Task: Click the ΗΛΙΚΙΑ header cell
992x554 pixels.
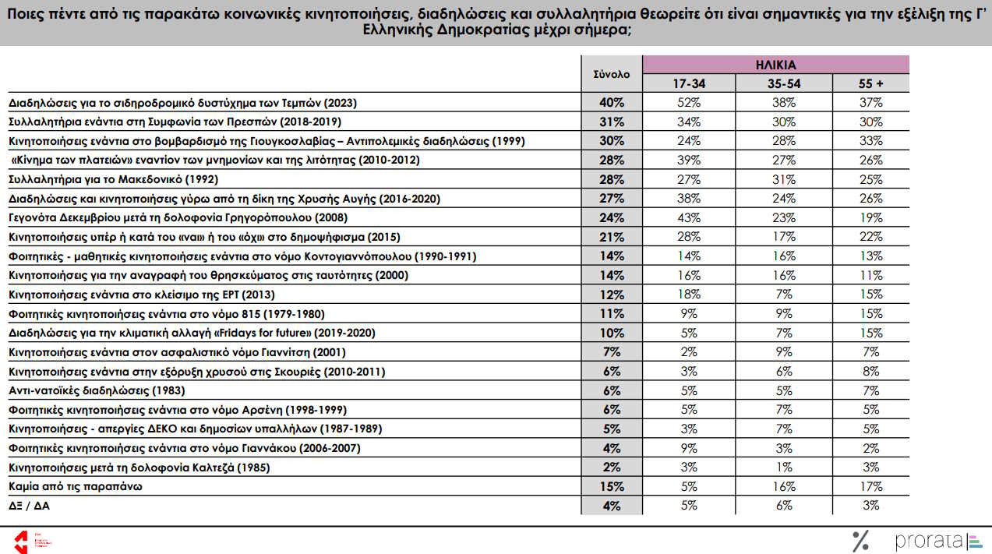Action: click(775, 65)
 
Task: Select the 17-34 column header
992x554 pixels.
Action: click(689, 83)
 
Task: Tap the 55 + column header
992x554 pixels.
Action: click(870, 83)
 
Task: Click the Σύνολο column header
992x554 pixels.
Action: click(612, 74)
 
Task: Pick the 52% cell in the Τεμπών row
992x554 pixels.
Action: click(689, 103)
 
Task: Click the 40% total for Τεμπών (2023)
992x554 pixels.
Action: click(612, 103)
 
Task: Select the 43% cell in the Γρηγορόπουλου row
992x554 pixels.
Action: click(689, 218)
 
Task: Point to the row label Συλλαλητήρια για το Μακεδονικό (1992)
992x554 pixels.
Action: click(113, 180)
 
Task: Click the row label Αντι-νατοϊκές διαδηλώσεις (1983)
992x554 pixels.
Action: click(97, 390)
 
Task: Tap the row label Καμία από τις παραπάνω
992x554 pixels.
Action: click(76, 487)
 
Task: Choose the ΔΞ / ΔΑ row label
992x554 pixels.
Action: click(30, 506)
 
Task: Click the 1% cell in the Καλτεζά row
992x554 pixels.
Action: click(784, 468)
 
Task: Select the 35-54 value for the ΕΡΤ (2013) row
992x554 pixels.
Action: click(784, 295)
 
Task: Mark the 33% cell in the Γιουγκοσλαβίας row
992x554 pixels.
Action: click(870, 141)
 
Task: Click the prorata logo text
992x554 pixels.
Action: click(929, 541)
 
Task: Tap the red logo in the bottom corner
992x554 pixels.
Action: click(21, 542)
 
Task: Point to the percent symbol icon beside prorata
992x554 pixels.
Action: click(860, 541)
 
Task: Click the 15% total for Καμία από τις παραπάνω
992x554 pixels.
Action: click(612, 487)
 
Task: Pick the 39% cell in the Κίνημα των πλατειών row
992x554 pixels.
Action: click(689, 161)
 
